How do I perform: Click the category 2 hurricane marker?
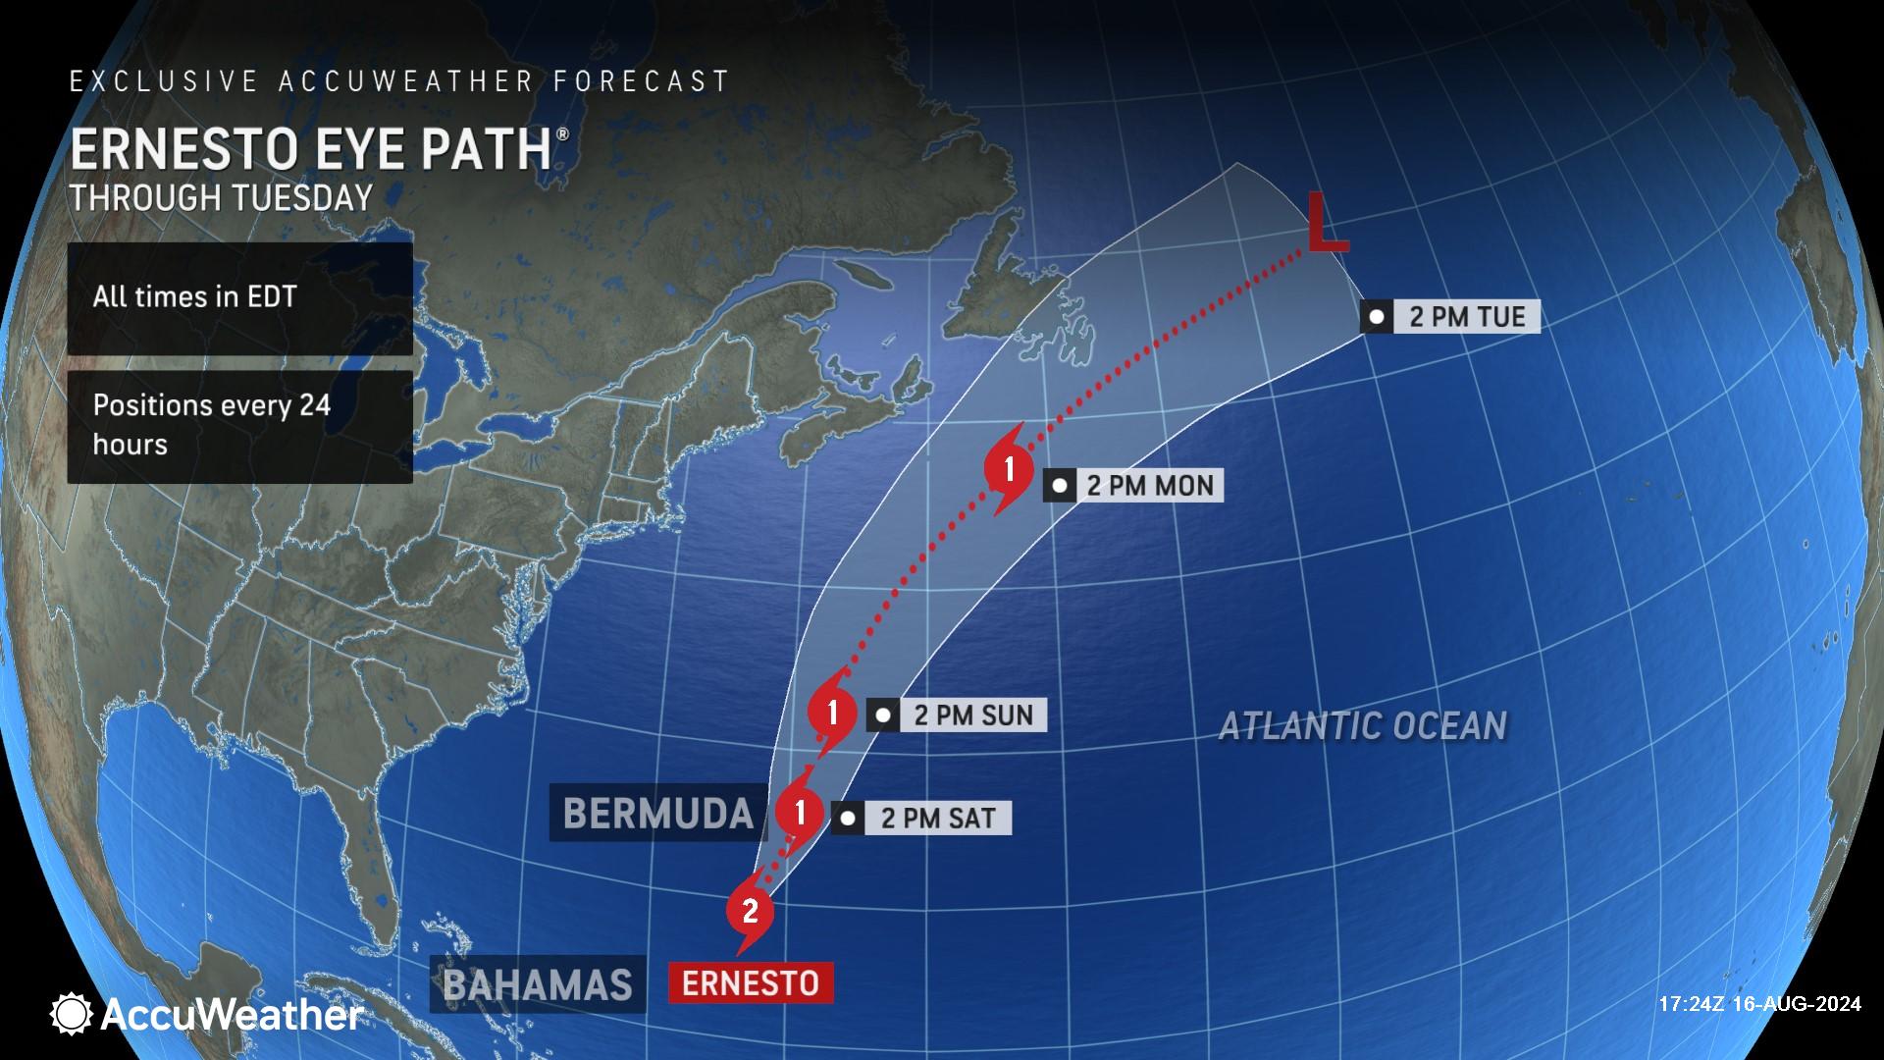coord(750,911)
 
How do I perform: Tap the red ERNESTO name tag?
coord(751,982)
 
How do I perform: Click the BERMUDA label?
coord(657,813)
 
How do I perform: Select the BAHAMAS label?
coord(538,984)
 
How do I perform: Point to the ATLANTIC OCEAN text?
coord(1362,726)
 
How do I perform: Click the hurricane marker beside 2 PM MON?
coord(1009,468)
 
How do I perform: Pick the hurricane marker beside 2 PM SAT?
coord(801,812)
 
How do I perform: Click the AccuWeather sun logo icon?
coord(72,1014)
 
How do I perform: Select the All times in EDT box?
coord(239,297)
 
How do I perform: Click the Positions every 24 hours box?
coord(239,426)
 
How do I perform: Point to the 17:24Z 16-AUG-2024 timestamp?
coord(1759,1004)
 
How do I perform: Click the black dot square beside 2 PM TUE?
coord(1377,317)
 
